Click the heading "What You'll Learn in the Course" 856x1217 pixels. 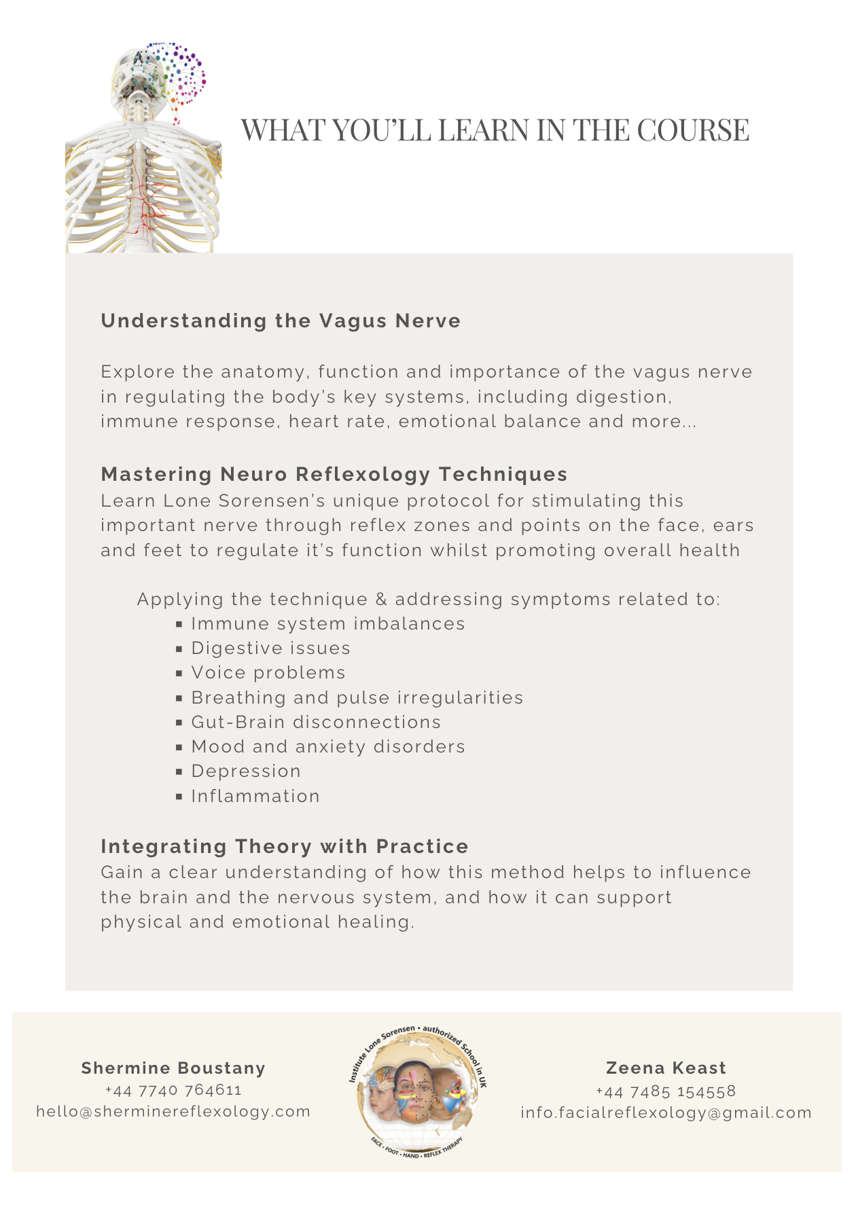point(495,130)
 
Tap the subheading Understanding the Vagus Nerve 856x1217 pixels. point(281,321)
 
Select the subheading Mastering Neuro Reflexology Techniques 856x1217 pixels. point(334,474)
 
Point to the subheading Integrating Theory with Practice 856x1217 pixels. point(284,846)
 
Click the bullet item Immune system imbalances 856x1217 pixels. point(327,623)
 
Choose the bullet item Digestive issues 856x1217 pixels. point(270,648)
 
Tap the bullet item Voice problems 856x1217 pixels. point(268,672)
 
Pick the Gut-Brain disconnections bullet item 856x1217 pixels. point(316,722)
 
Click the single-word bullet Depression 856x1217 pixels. point(245,771)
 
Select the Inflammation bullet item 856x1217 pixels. point(255,796)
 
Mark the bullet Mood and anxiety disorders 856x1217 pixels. point(327,746)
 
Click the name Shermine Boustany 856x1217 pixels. point(173,1068)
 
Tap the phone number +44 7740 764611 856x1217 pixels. point(173,1090)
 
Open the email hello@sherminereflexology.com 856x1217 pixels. point(173,1111)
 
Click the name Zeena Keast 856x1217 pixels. point(666,1068)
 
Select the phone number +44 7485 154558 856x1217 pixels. point(666,1091)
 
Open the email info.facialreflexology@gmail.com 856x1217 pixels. point(666,1112)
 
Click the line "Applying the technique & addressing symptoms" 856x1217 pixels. point(428,599)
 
